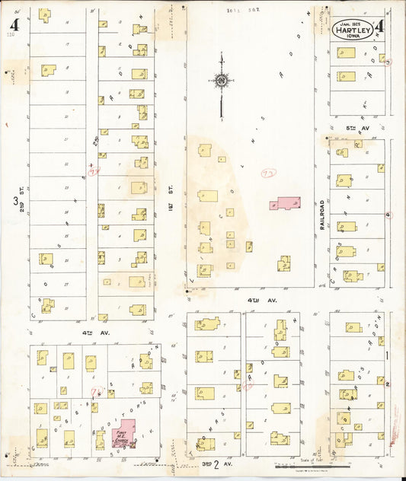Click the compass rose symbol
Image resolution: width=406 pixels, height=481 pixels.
tap(222, 81)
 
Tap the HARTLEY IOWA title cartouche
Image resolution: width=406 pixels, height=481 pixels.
tap(352, 29)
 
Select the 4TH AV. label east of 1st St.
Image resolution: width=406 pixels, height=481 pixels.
tap(251, 301)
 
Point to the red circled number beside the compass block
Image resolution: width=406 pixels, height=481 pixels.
tap(268, 174)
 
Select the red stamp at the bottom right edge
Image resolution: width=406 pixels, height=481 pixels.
tap(395, 434)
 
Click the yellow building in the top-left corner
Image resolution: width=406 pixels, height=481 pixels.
tap(44, 14)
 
